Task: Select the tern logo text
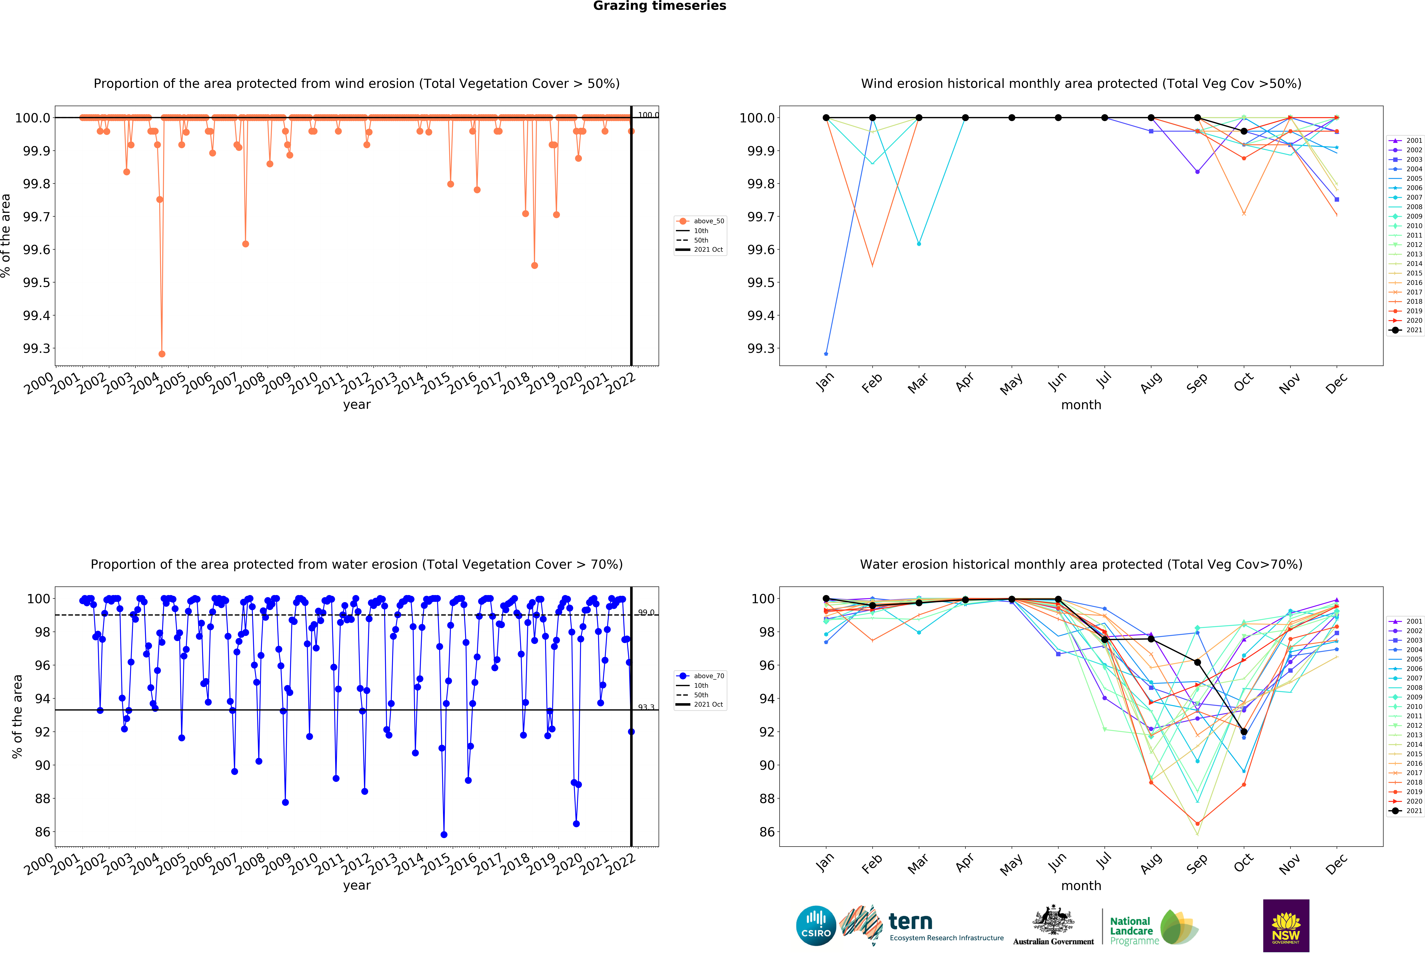point(911,921)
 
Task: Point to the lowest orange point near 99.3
point(162,354)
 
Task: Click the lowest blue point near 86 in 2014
point(444,834)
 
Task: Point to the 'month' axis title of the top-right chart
point(1081,405)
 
